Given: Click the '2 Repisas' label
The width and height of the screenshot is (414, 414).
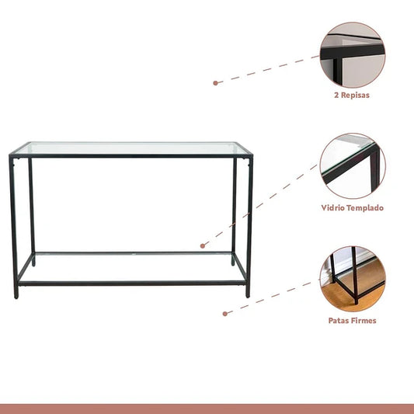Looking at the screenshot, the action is coord(352,95).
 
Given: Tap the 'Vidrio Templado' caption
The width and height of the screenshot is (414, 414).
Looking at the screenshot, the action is coord(352,208).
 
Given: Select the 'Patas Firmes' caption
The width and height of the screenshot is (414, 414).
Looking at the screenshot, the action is coord(352,321).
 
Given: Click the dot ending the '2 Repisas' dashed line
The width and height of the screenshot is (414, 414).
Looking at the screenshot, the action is coord(215,83).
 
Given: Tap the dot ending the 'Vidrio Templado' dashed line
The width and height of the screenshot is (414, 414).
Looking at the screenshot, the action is coord(203,245).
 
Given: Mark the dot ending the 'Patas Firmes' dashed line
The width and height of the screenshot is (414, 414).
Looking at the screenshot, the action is coord(225,314).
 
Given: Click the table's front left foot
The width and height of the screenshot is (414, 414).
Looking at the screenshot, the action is coord(16,297).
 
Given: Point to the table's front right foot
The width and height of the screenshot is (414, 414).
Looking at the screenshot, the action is coord(248,296).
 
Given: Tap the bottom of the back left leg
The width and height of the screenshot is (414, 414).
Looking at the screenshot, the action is coord(33,264).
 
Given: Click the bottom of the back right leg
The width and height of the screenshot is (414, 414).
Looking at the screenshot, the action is coord(233,263).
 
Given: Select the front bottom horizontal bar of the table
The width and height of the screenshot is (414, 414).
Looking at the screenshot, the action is coord(132,284).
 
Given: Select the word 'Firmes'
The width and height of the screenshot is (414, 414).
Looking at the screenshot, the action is coord(364,321).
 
